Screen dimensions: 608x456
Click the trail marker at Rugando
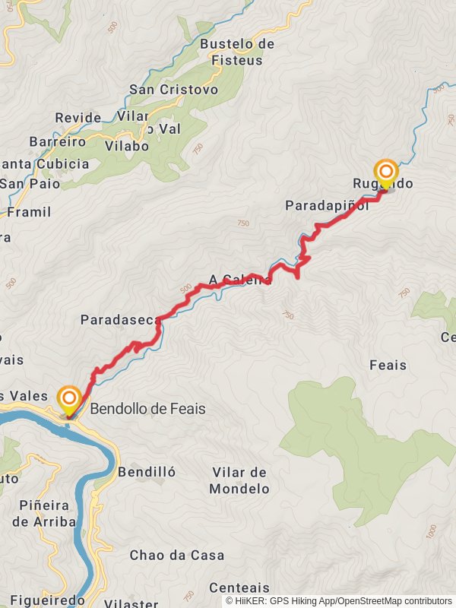[x=385, y=173]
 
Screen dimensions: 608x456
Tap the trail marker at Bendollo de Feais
[x=70, y=401]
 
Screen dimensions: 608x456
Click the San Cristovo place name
[x=173, y=90]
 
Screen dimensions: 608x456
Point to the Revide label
[x=78, y=118]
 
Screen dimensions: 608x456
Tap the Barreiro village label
[x=57, y=141]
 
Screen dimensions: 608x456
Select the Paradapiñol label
[x=327, y=205]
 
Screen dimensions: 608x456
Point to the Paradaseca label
[x=118, y=320]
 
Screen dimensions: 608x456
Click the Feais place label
[x=388, y=366]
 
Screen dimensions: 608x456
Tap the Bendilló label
[x=147, y=472]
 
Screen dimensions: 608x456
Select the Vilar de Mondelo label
[x=239, y=480]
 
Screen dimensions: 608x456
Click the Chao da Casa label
[x=176, y=556]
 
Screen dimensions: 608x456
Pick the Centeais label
[x=239, y=587]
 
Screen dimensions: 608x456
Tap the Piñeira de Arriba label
[x=43, y=513]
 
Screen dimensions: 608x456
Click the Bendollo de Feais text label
[x=147, y=409]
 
